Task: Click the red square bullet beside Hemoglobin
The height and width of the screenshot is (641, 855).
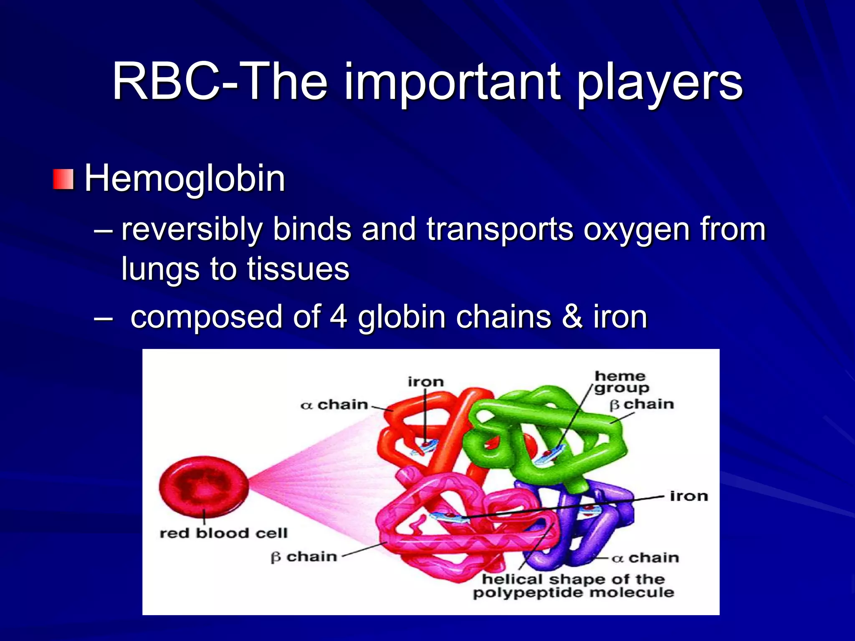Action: coord(63,179)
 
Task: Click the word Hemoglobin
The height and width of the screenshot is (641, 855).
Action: coord(185,179)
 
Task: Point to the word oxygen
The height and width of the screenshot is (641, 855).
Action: coord(636,230)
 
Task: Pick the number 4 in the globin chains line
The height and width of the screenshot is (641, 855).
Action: coord(338,317)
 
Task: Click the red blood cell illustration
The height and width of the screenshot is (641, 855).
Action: coord(204,486)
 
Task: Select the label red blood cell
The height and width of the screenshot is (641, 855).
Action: coord(223,533)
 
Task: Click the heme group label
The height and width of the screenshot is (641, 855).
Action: coord(621,382)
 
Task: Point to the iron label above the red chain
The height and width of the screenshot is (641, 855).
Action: coord(425,382)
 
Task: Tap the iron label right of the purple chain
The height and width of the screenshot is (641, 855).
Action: coord(689,496)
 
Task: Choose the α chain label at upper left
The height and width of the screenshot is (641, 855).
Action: coord(334,405)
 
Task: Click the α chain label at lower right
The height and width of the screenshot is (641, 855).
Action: coord(645,558)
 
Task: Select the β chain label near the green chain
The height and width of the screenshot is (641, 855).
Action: coord(642,404)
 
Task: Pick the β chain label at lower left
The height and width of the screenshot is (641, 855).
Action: coord(304,557)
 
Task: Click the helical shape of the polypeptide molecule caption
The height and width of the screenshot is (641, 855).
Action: coord(573,586)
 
